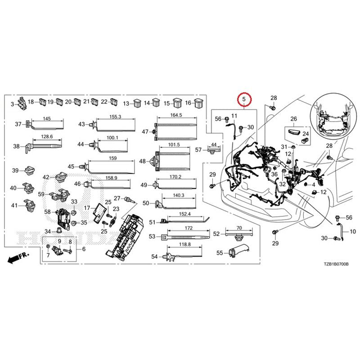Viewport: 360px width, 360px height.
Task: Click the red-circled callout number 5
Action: pos(244,99)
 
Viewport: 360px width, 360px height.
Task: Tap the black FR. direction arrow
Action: pos(18,257)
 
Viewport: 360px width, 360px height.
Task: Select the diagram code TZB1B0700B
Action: pos(336,264)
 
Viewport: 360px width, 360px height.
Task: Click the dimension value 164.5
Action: pos(176,115)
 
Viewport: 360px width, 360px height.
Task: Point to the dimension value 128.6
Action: pos(47,137)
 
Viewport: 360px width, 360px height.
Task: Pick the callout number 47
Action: pos(145,132)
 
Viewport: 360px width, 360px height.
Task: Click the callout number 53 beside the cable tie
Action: pos(152,236)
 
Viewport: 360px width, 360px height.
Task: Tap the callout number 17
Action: pos(87,208)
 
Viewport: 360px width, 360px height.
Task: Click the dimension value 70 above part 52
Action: pos(239,228)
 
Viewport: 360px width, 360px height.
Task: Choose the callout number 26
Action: pos(294,119)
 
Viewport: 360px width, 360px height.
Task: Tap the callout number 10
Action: pos(353,231)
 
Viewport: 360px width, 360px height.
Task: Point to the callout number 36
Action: pos(274,174)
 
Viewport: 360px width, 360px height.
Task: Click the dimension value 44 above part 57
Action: pos(214,144)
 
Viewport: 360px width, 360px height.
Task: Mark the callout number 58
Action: pos(48,211)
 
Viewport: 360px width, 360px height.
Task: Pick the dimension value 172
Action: pos(189,228)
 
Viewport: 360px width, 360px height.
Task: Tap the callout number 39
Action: pos(15,171)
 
